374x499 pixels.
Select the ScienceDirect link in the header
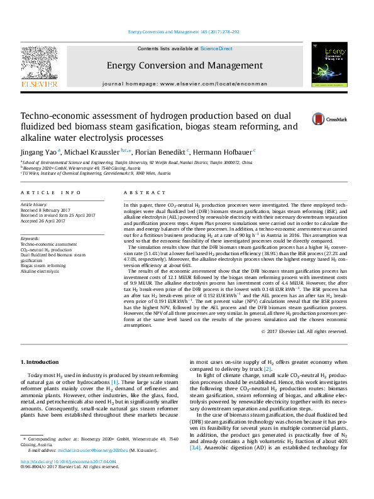(216, 48)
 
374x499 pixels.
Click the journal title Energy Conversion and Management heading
(184, 65)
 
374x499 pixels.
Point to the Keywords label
(30, 239)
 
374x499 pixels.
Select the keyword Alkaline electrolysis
(40, 271)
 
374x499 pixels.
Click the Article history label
(35, 205)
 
